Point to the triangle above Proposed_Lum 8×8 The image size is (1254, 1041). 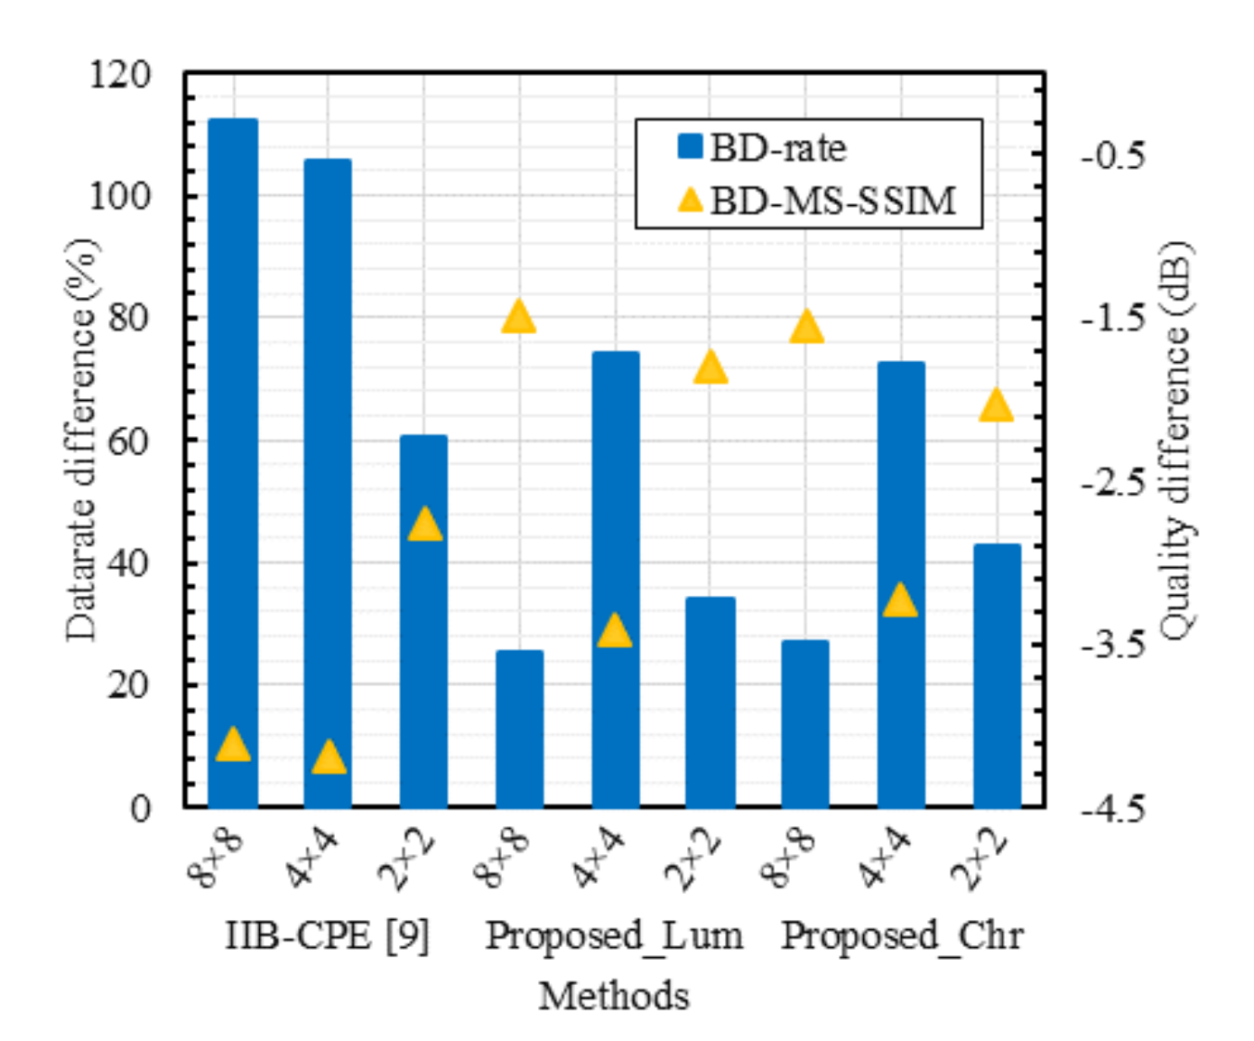click(x=519, y=318)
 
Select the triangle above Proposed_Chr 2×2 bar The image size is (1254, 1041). click(x=996, y=406)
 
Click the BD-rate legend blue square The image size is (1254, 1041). click(x=690, y=146)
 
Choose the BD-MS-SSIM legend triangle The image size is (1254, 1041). click(x=691, y=200)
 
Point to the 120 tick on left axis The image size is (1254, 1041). click(x=120, y=74)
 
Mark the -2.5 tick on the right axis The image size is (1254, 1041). click(x=1114, y=481)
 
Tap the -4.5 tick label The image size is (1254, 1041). click(x=1114, y=808)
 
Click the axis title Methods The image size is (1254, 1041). click(x=614, y=996)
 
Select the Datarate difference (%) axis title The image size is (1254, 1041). click(x=81, y=441)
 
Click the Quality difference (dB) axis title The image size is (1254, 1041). click(x=1175, y=441)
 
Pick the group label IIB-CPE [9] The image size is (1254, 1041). click(x=327, y=936)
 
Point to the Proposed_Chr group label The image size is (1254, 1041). click(x=902, y=936)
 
